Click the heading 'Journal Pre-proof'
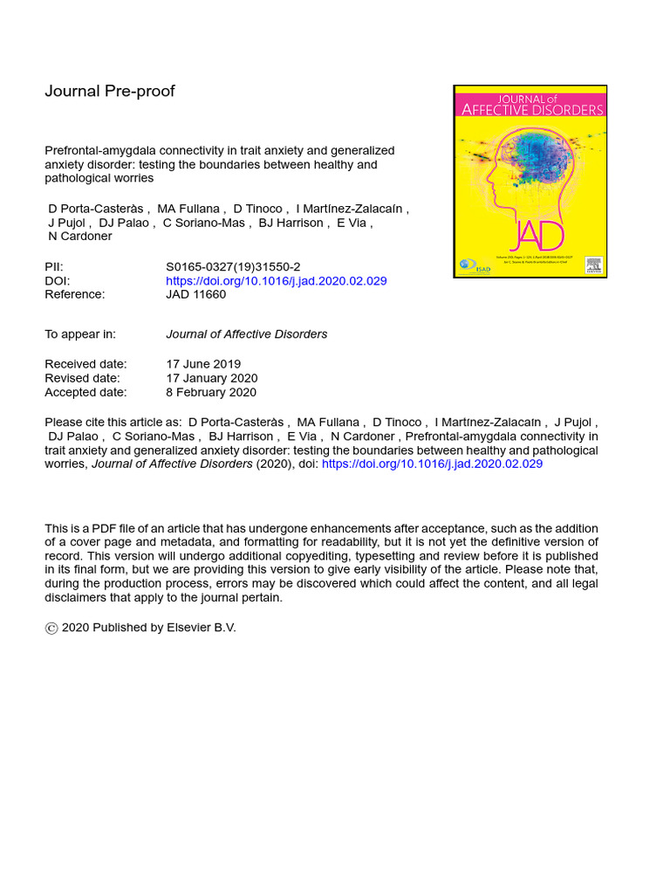[x=109, y=92]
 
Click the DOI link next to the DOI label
[x=276, y=281]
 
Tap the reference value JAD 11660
[x=195, y=295]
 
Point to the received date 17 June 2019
[x=203, y=364]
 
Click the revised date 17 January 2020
[x=211, y=378]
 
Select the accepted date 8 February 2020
[x=210, y=392]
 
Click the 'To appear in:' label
[x=80, y=334]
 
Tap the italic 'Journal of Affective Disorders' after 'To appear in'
[x=247, y=334]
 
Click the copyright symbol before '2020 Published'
[x=51, y=628]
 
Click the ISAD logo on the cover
[x=468, y=265]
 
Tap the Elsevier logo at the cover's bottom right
[x=594, y=265]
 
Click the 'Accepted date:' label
[x=85, y=392]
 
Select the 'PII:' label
[x=54, y=267]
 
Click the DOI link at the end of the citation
[x=432, y=464]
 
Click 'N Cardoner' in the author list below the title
[x=80, y=237]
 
